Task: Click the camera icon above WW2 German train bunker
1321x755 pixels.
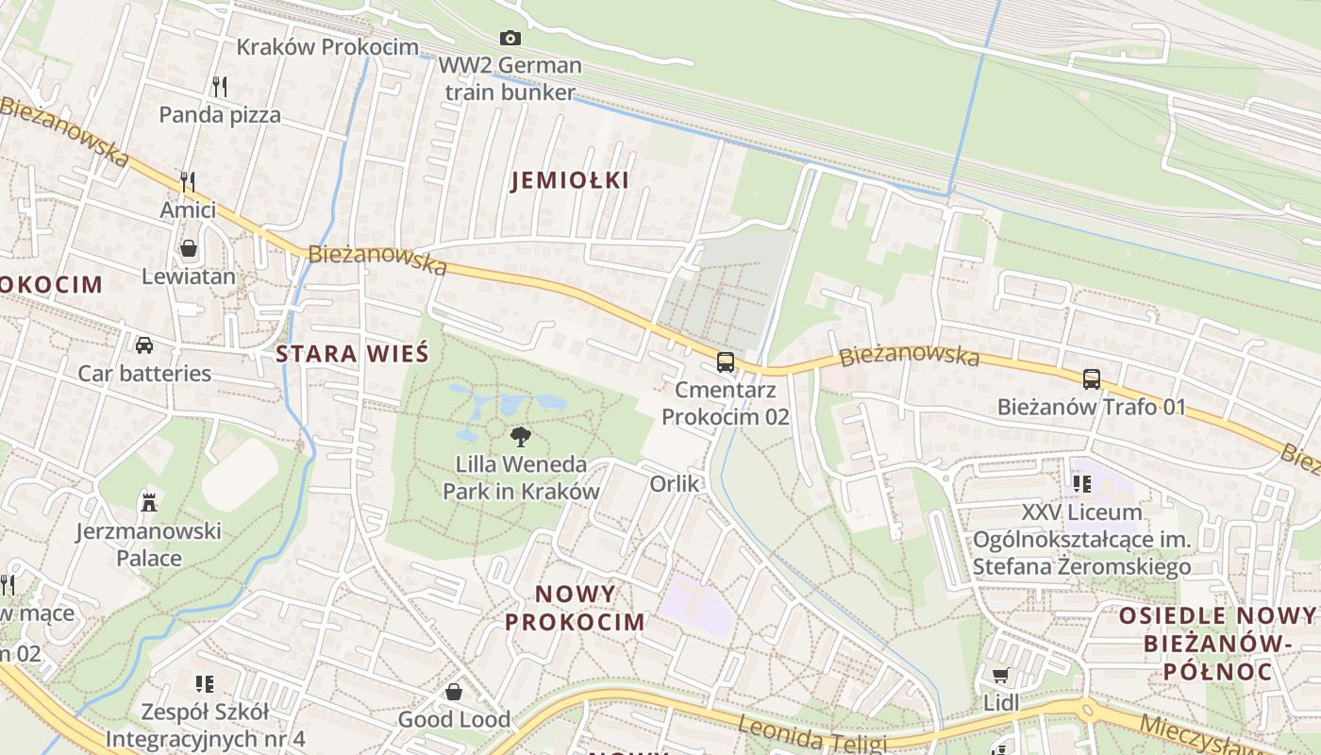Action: coord(510,38)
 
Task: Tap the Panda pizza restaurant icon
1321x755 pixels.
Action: coord(220,87)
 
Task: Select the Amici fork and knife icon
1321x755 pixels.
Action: coord(188,181)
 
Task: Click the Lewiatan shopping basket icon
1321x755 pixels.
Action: coord(189,249)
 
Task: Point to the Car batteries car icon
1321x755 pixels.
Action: coord(144,344)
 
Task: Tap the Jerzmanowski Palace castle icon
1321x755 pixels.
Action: coord(148,501)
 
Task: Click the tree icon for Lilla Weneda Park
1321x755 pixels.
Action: coord(520,436)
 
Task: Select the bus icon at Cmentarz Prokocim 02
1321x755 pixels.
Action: coord(725,361)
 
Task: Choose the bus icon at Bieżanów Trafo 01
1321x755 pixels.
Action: coord(1092,379)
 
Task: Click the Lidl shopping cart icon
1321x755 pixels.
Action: coord(1001,675)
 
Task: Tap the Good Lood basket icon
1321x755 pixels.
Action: coord(454,692)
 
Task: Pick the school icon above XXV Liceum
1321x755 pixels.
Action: coord(1081,484)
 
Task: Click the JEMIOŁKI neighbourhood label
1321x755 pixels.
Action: coord(570,180)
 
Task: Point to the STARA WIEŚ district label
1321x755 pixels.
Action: coord(352,355)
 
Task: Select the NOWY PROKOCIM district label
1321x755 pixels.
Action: coord(575,608)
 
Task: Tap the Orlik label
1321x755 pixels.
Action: coord(675,484)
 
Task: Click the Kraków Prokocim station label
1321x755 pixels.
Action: coord(326,47)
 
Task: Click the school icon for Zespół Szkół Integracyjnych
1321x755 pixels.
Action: coord(205,683)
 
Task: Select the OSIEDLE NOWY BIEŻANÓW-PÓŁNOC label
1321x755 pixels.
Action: coord(1216,644)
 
